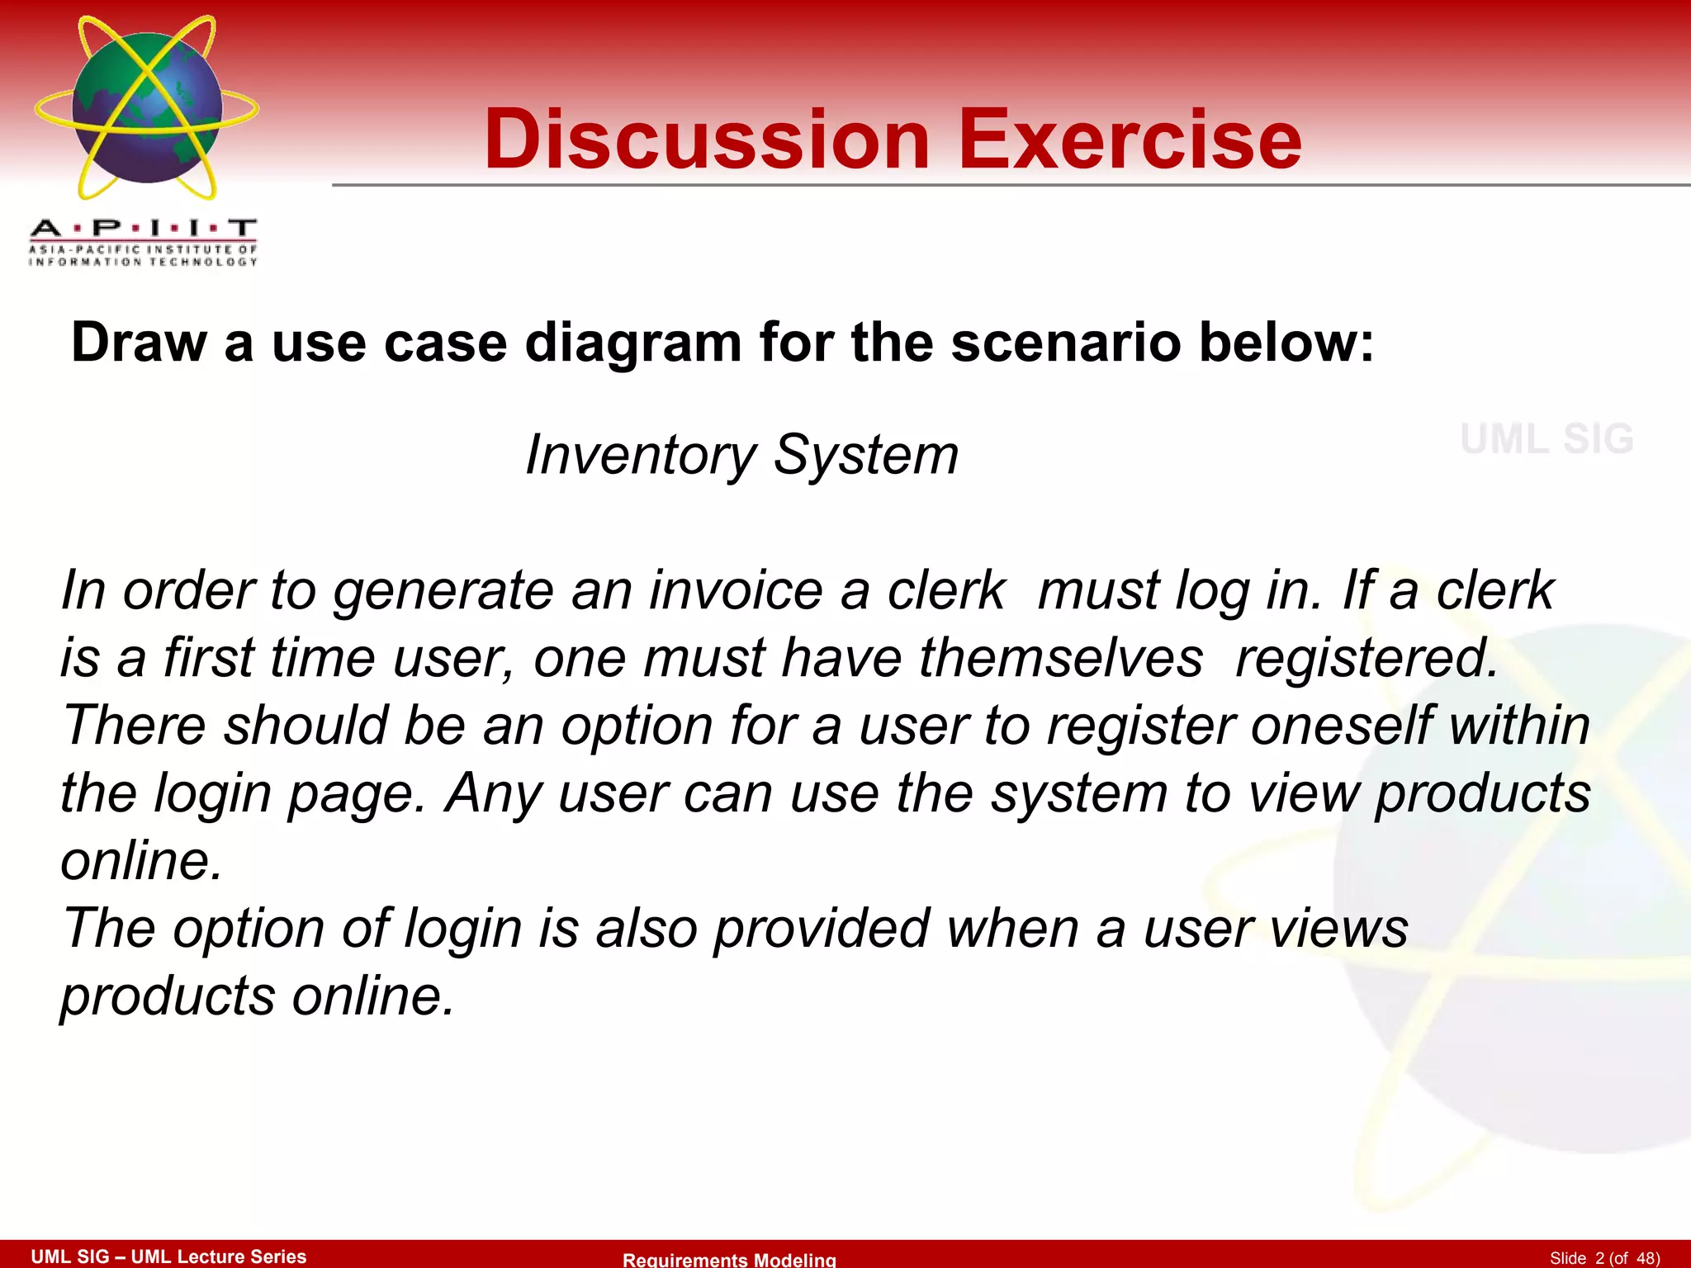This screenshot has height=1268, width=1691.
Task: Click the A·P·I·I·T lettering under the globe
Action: tap(143, 228)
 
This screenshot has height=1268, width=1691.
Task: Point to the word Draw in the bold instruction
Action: tap(139, 342)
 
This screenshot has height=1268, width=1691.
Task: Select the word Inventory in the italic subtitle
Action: tap(641, 455)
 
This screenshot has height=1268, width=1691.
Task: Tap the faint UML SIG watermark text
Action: tap(1547, 439)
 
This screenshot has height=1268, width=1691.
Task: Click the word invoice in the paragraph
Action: tap(736, 591)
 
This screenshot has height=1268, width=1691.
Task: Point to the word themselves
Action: tap(1061, 659)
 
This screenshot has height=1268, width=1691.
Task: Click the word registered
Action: tap(1367, 659)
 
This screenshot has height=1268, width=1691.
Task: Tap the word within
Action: tap(1519, 726)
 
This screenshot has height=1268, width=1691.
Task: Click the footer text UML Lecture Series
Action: tap(219, 1256)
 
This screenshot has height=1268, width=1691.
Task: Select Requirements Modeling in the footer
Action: tap(729, 1259)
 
